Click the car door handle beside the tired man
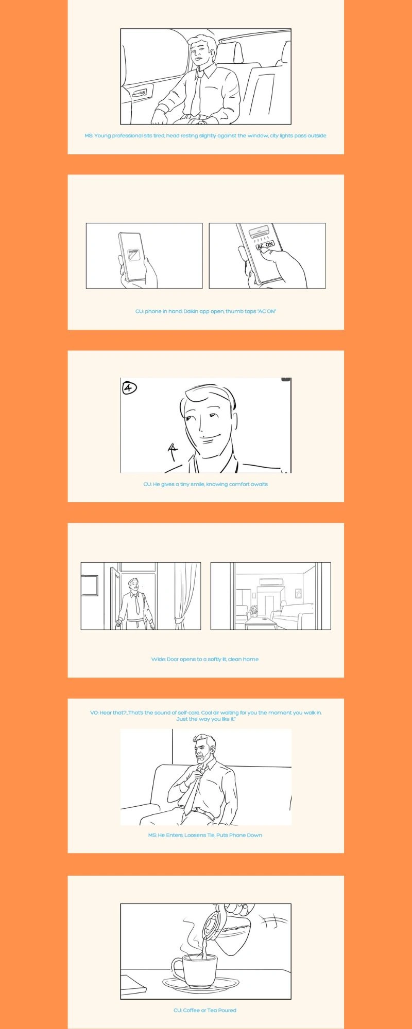(140, 93)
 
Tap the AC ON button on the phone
(265, 245)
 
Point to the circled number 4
(129, 388)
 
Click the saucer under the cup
(201, 984)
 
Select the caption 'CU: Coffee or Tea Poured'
(205, 1010)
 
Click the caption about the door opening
(205, 659)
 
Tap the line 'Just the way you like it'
(206, 719)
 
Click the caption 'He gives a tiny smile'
(205, 484)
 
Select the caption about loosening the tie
(205, 835)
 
